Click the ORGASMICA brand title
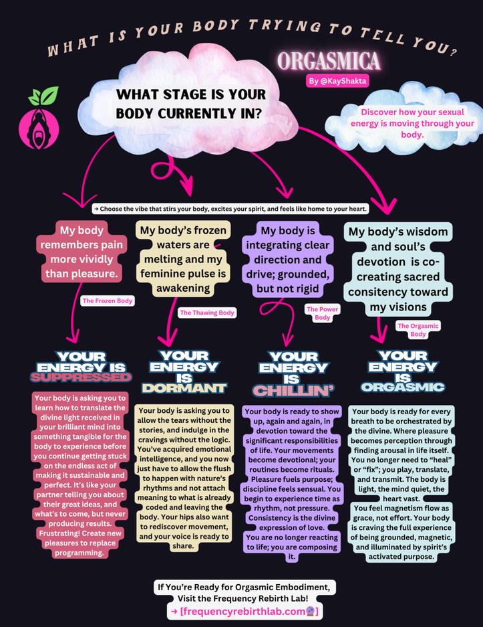tap(329, 62)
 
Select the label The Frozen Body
tap(107, 301)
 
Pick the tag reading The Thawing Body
tap(207, 312)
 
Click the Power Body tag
tap(323, 313)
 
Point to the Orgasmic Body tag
tap(418, 329)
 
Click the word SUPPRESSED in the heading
tap(71, 377)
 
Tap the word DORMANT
tap(184, 388)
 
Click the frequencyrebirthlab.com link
tap(245, 612)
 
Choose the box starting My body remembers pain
tap(82, 252)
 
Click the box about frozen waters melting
tap(184, 259)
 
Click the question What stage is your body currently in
tap(191, 104)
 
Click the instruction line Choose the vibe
tap(230, 209)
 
